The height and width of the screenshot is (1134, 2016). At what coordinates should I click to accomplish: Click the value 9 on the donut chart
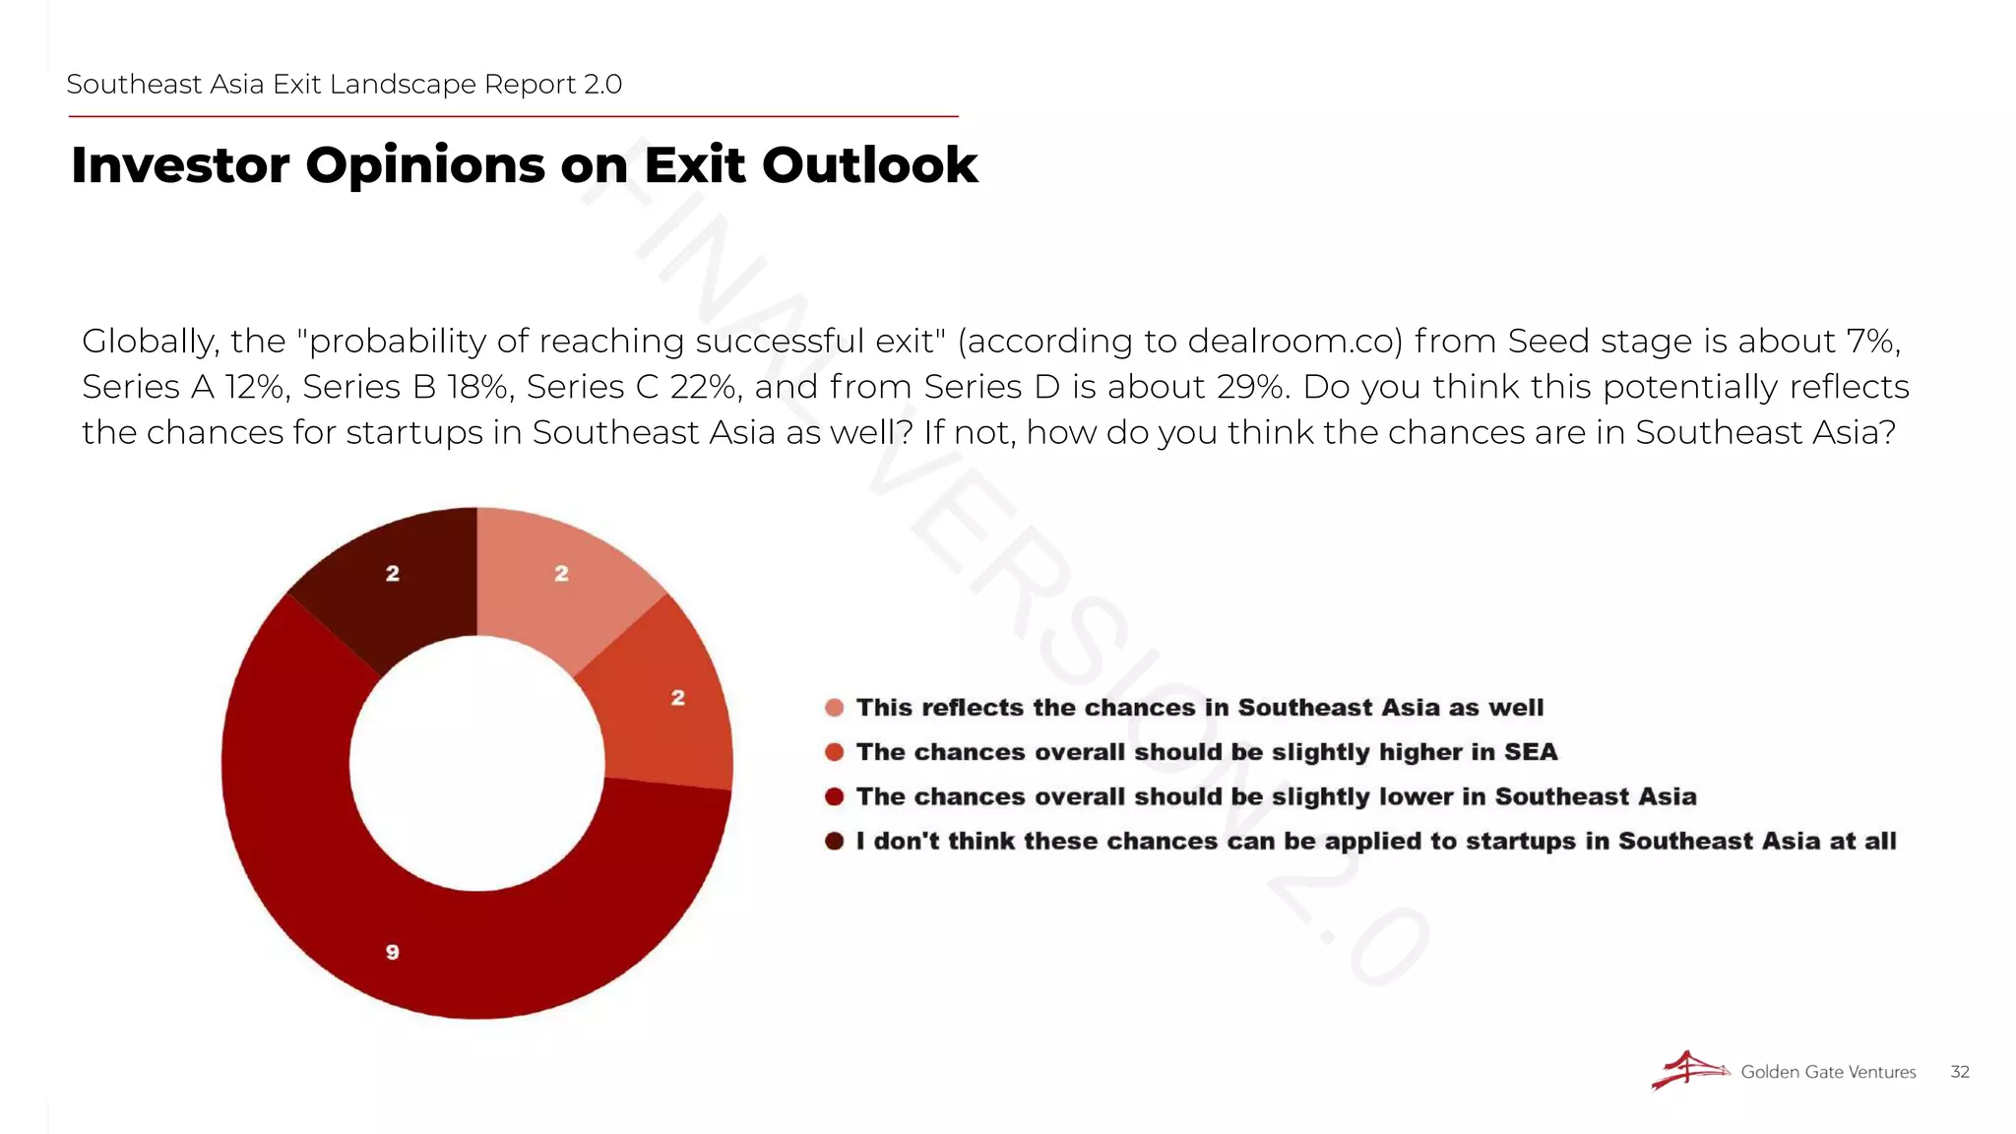point(392,952)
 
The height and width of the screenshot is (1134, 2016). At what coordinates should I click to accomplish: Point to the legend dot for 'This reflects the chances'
point(835,708)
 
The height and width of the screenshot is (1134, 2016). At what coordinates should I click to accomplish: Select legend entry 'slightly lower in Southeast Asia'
point(1276,796)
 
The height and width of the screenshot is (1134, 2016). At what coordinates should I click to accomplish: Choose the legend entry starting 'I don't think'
point(1375,841)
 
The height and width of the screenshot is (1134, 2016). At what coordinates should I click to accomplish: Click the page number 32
point(1959,1072)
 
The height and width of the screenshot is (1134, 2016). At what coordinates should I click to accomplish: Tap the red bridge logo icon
point(1689,1070)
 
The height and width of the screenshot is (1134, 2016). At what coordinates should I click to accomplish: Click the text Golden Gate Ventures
point(1828,1072)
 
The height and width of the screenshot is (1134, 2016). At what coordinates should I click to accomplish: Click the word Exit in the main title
point(695,164)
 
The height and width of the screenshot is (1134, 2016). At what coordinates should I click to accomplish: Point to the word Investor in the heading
point(180,164)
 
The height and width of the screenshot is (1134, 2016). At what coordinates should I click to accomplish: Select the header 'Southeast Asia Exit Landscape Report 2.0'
point(344,85)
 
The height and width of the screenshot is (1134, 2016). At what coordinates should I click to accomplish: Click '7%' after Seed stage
point(1870,341)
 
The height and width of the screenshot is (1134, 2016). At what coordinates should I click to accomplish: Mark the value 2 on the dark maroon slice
point(392,573)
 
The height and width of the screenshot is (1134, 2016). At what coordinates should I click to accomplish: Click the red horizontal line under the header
point(512,116)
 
